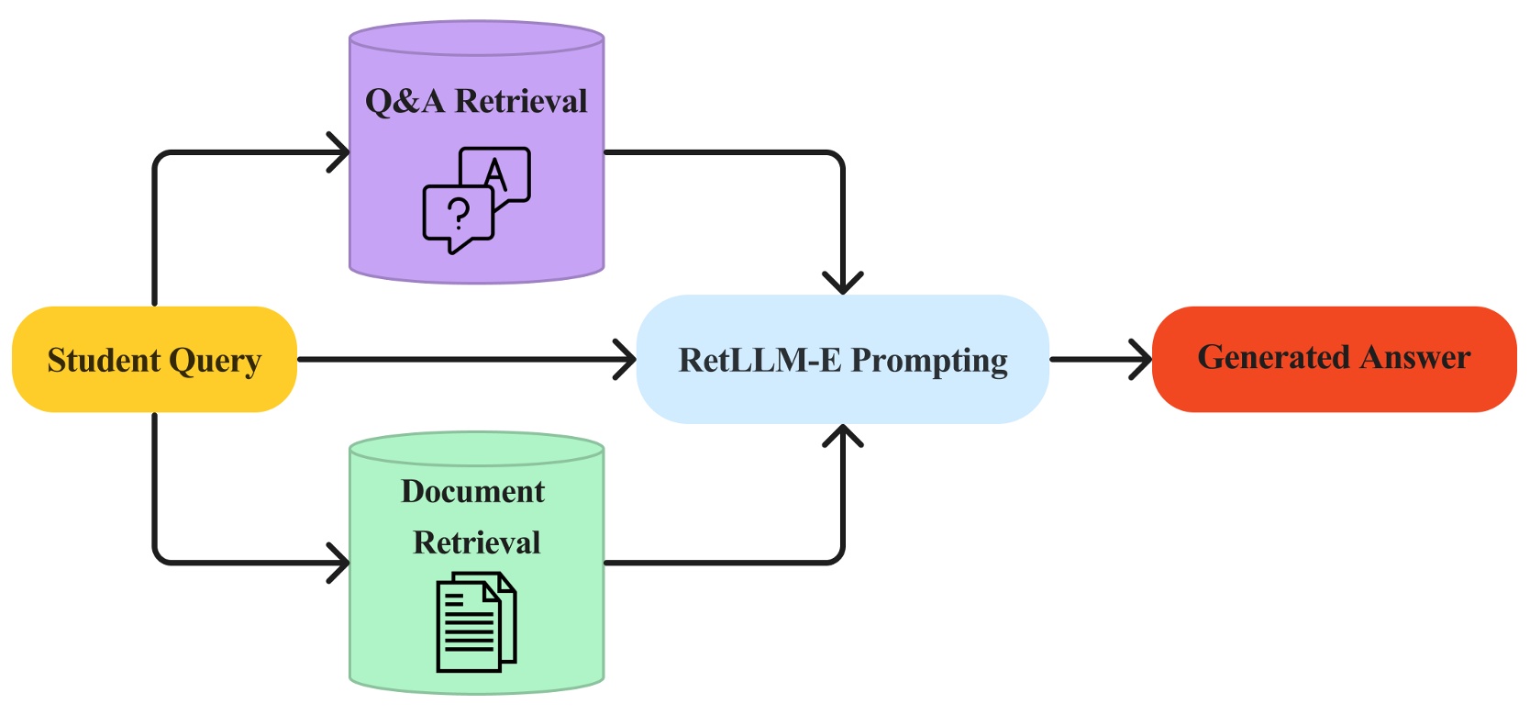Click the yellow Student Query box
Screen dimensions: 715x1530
click(153, 360)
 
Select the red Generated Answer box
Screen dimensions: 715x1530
click(1333, 359)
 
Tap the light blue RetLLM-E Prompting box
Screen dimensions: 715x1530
click(842, 360)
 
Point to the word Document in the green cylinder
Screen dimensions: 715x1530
click(472, 492)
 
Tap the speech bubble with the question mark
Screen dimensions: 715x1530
click(457, 216)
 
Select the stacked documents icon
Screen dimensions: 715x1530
click(475, 621)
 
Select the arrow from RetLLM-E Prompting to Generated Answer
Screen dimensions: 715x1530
click(1100, 360)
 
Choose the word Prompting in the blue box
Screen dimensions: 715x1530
click(929, 362)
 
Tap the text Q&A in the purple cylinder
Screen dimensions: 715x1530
click(405, 101)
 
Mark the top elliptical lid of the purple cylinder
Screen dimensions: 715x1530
click(476, 39)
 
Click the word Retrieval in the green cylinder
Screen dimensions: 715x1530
click(476, 542)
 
